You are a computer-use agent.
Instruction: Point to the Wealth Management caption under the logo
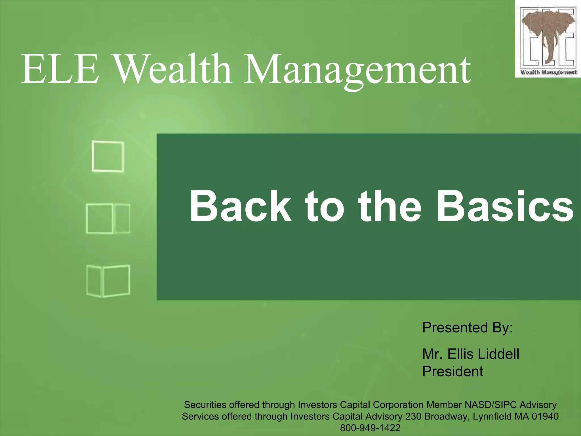(x=548, y=72)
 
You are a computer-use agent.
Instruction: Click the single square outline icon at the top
(x=108, y=156)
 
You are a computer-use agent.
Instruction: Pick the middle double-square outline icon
(x=108, y=219)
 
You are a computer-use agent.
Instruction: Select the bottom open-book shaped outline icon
(x=108, y=281)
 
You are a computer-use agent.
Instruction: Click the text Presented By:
(x=467, y=328)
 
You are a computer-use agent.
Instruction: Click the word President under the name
(x=452, y=371)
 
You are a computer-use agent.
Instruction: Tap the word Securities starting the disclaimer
(x=205, y=404)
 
